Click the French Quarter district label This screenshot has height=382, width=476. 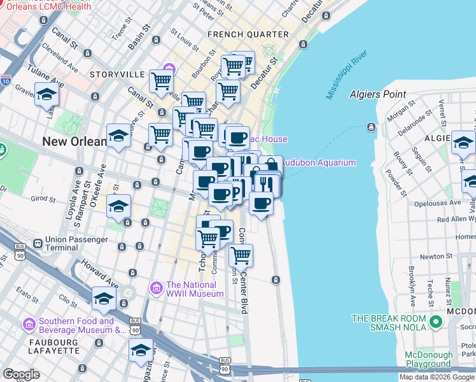pos(248,34)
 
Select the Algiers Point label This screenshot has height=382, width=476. pos(377,94)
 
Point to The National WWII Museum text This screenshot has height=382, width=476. pos(195,289)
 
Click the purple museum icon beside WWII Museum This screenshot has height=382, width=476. pos(156,289)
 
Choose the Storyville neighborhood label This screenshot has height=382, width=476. pos(117,74)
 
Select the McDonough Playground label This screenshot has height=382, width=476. pos(428,360)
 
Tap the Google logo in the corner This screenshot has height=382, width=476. pos(21,374)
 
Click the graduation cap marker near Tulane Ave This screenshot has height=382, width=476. pos(47,94)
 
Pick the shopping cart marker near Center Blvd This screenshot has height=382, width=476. pos(241,255)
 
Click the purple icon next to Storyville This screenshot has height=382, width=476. pos(169,69)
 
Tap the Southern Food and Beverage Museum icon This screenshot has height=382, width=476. pos(29,325)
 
